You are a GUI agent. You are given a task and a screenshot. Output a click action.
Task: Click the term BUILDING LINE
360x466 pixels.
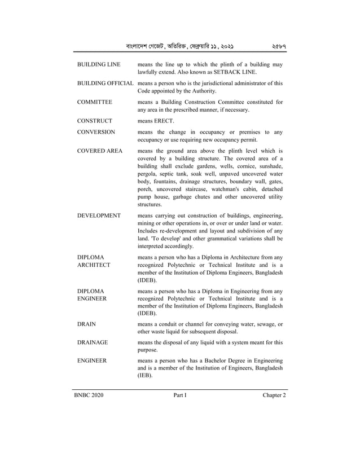(x=98, y=65)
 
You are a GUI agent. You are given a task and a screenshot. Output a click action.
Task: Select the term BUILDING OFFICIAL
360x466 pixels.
(x=105, y=83)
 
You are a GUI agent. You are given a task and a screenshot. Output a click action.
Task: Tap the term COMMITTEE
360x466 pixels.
(x=94, y=102)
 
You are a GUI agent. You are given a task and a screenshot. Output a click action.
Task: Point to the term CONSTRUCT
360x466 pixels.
(x=94, y=121)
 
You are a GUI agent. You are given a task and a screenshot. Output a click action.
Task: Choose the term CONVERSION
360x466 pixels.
(x=96, y=132)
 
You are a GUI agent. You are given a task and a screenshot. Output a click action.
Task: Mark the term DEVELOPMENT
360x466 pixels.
(x=99, y=216)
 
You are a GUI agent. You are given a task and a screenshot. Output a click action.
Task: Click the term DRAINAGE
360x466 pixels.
(x=92, y=342)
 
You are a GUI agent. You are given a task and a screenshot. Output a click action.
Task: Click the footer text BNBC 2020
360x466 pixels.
(x=88, y=395)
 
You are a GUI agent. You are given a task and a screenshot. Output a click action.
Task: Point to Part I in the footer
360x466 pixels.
(x=180, y=395)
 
